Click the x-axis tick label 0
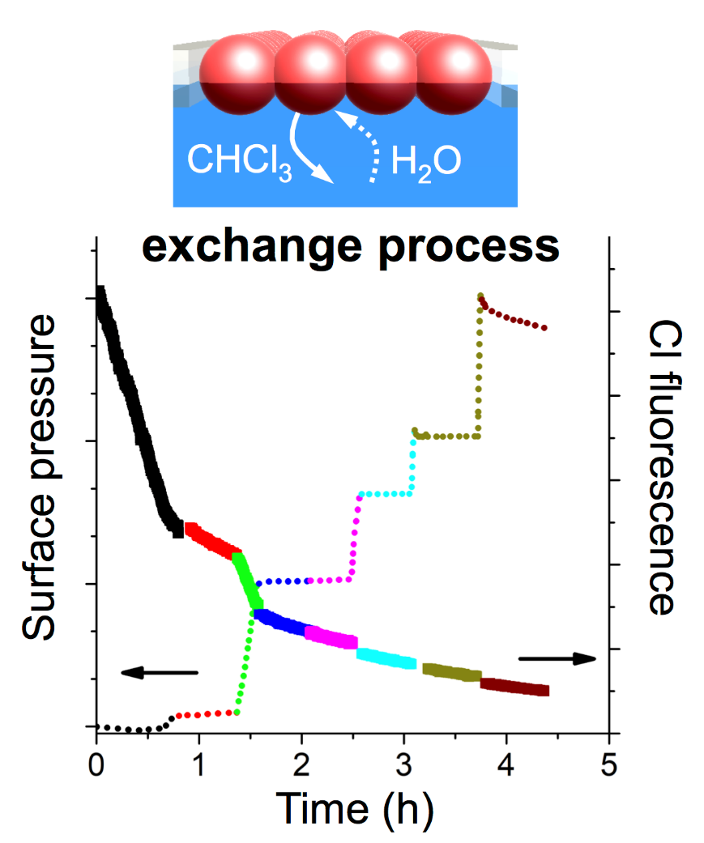[96, 764]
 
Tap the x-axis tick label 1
[198, 764]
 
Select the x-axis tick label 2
[301, 764]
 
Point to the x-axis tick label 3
[404, 764]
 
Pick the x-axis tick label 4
[506, 764]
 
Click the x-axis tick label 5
[609, 764]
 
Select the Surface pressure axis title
[42, 478]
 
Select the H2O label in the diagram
[426, 160]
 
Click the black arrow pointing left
[159, 671]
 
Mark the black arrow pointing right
[557, 658]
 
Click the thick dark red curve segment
[514, 687]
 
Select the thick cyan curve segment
[386, 658]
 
